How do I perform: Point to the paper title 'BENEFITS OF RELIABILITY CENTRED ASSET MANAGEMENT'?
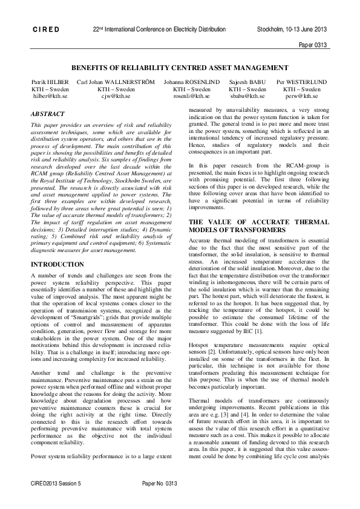tap(180, 68)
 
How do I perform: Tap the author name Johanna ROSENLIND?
tap(191, 82)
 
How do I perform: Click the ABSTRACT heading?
tap(48, 113)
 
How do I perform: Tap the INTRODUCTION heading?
tap(57, 264)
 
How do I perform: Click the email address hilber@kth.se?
tap(48, 96)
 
